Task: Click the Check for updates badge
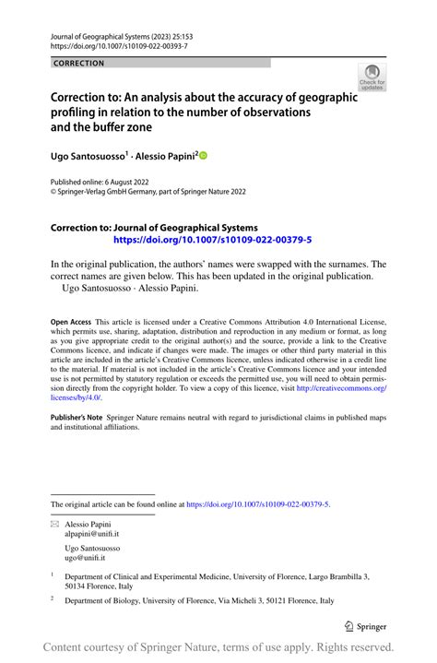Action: [372, 77]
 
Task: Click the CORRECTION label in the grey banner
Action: [79, 64]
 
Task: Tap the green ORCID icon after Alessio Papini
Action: [204, 157]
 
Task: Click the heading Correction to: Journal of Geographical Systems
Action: [154, 227]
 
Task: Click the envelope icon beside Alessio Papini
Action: [54, 523]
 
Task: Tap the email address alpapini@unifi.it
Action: [92, 534]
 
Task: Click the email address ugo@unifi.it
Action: [86, 559]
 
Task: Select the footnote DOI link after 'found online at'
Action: [257, 504]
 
